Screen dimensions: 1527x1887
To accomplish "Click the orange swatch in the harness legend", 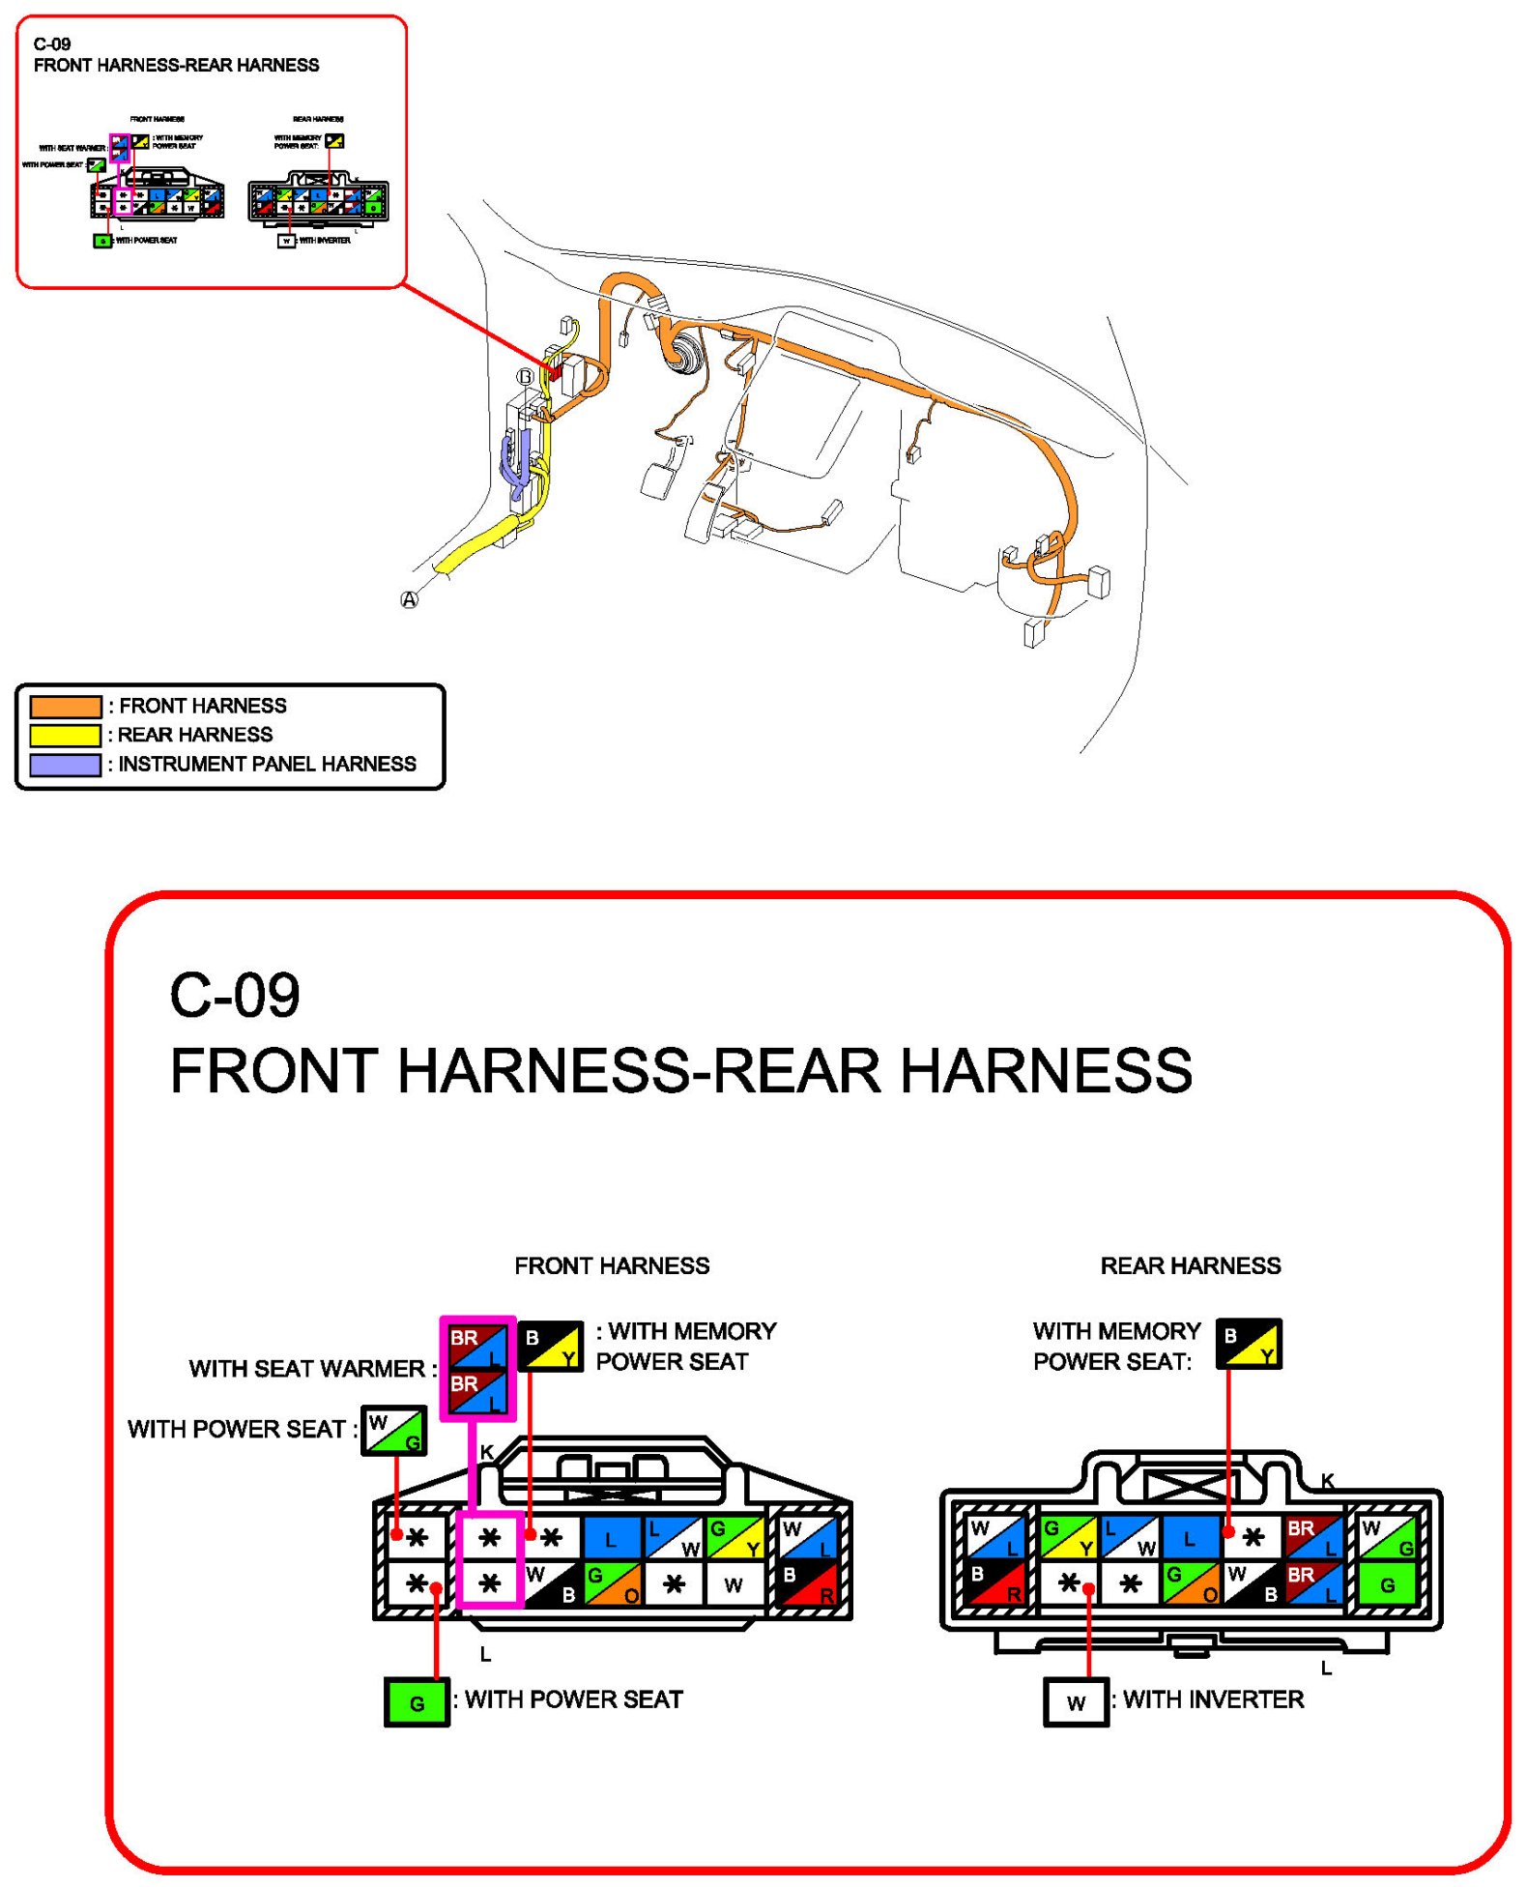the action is [x=65, y=706].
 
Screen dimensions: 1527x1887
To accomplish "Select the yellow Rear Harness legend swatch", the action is [x=65, y=735].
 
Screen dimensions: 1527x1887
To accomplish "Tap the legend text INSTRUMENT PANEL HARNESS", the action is [x=267, y=764].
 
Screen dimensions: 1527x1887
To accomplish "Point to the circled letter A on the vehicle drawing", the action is [x=410, y=599].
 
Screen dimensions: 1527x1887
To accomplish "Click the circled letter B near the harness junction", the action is [x=525, y=377].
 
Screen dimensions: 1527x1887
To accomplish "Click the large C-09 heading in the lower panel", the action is [x=235, y=995].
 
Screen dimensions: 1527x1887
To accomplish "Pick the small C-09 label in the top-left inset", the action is [x=52, y=44].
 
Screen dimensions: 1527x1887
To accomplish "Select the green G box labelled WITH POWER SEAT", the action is [x=417, y=1702].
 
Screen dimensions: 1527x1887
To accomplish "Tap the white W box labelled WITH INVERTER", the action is [x=1076, y=1702].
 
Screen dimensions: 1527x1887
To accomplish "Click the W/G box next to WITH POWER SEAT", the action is [x=394, y=1431].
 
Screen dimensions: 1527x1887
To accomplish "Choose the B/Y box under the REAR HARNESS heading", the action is [x=1249, y=1344].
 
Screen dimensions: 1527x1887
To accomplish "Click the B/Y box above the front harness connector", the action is [x=551, y=1346].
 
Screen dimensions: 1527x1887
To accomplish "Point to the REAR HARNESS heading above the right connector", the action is [x=1190, y=1265].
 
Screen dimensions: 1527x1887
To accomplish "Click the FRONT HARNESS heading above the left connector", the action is [x=612, y=1265].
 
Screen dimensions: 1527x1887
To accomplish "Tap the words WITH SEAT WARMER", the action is [x=306, y=1369].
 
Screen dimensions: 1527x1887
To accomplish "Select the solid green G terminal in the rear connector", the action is [x=1387, y=1584].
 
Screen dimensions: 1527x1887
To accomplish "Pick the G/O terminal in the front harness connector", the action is [x=613, y=1584].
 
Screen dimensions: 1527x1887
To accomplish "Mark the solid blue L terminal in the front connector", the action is [x=611, y=1538].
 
